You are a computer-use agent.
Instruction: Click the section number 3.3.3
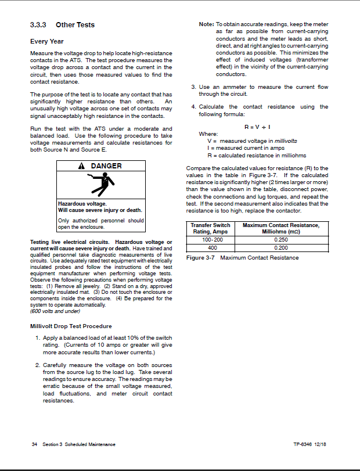38,25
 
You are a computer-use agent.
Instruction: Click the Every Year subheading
47,42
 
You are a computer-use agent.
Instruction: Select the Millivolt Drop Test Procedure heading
71,326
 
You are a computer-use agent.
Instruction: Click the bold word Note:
206,25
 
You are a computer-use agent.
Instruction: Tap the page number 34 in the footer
34,444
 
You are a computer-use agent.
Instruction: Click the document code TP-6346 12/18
311,444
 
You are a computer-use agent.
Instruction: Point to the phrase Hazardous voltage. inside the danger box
82,204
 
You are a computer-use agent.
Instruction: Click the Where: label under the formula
208,134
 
